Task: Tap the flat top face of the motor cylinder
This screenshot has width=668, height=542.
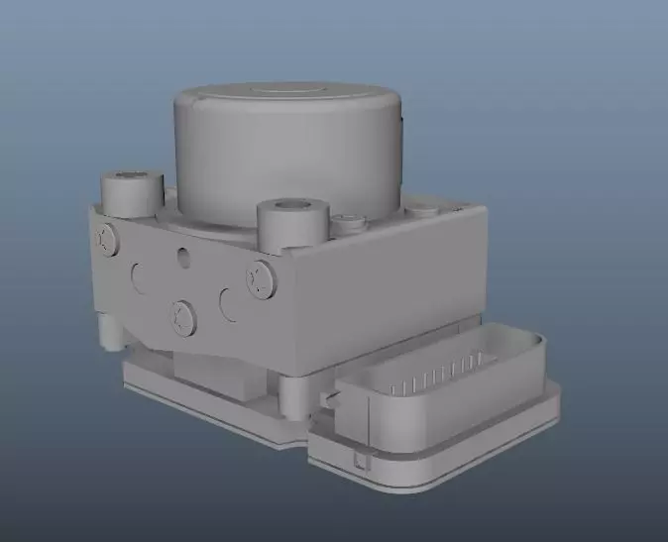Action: (288, 95)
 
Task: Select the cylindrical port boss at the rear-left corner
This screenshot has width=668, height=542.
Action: (132, 192)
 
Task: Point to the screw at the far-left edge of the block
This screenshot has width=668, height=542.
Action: (105, 237)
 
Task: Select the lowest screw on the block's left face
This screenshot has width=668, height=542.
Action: (182, 316)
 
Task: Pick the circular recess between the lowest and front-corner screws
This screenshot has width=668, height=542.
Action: (227, 302)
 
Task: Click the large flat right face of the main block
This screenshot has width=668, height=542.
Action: (396, 287)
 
